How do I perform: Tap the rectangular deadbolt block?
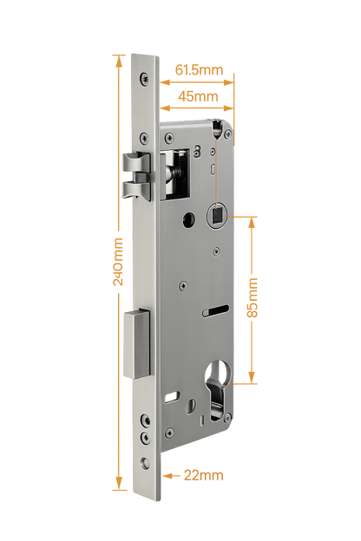click(x=137, y=342)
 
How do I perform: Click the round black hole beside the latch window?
click(x=186, y=218)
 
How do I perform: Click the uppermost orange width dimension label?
click(x=199, y=68)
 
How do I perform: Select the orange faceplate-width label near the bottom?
click(x=205, y=474)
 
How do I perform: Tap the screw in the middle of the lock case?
click(x=182, y=284)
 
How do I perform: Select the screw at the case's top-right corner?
click(x=227, y=134)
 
